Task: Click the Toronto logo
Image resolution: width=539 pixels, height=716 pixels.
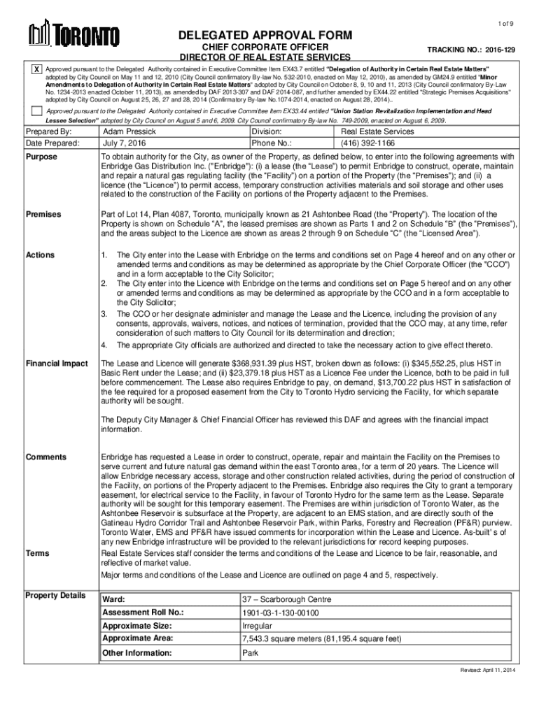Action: tap(73, 33)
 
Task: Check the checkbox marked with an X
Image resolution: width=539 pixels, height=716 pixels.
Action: tap(36, 71)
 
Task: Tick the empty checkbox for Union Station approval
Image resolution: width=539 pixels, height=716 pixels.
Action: tap(36, 112)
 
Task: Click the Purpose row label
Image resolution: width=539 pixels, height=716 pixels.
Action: tap(41, 157)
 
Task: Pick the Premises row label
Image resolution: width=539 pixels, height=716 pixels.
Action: tap(43, 214)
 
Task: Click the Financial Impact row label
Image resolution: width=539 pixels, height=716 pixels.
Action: tap(57, 364)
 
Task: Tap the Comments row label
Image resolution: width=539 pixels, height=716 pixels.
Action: tap(46, 457)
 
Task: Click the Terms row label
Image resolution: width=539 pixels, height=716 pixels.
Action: tap(37, 553)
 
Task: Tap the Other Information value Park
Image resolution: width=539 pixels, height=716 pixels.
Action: tap(250, 653)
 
